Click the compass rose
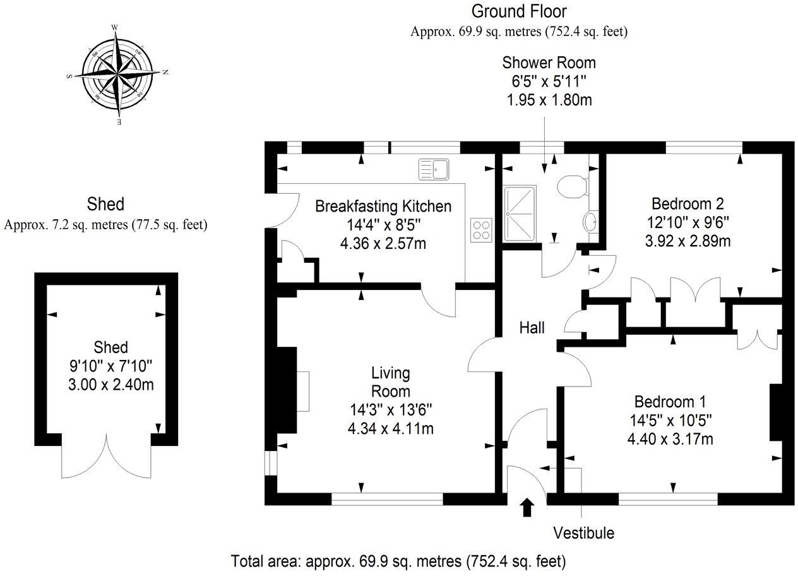[x=117, y=74]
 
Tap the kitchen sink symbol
[x=433, y=168]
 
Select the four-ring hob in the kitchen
[x=482, y=229]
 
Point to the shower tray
[x=520, y=213]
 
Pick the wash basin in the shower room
[x=592, y=222]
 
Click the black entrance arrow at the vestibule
[x=527, y=507]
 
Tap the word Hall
[x=532, y=327]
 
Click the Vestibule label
[x=583, y=532]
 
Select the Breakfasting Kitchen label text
[x=383, y=206]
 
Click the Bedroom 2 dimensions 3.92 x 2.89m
[x=688, y=240]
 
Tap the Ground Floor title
[x=519, y=11]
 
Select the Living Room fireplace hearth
[x=303, y=392]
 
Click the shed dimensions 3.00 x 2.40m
[x=110, y=384]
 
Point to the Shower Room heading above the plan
[x=549, y=63]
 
